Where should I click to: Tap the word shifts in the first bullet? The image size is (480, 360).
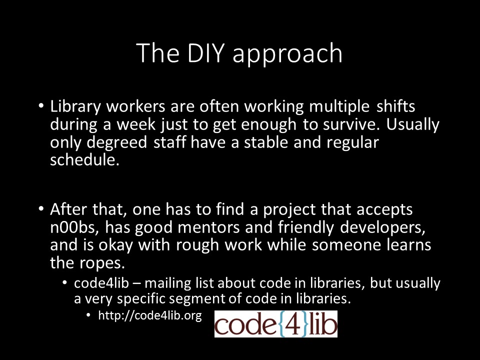pyautogui.click(x=396, y=106)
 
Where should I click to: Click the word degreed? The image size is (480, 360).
pyautogui.click(x=116, y=142)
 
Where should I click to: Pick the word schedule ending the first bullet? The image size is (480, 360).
pyautogui.click(x=84, y=160)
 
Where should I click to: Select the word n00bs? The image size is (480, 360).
pyautogui.click(x=74, y=227)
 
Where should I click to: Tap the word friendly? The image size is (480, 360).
pyautogui.click(x=306, y=227)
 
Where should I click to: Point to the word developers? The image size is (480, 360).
pyautogui.click(x=382, y=228)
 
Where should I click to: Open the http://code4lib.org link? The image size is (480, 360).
pyautogui.click(x=150, y=315)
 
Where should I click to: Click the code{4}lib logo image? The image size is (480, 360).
pyautogui.click(x=276, y=324)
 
